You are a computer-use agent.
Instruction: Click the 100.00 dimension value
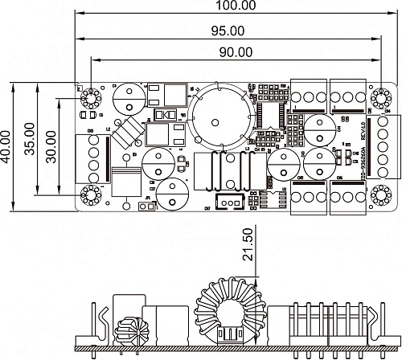(x=238, y=6)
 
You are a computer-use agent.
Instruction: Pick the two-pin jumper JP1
(x=146, y=207)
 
